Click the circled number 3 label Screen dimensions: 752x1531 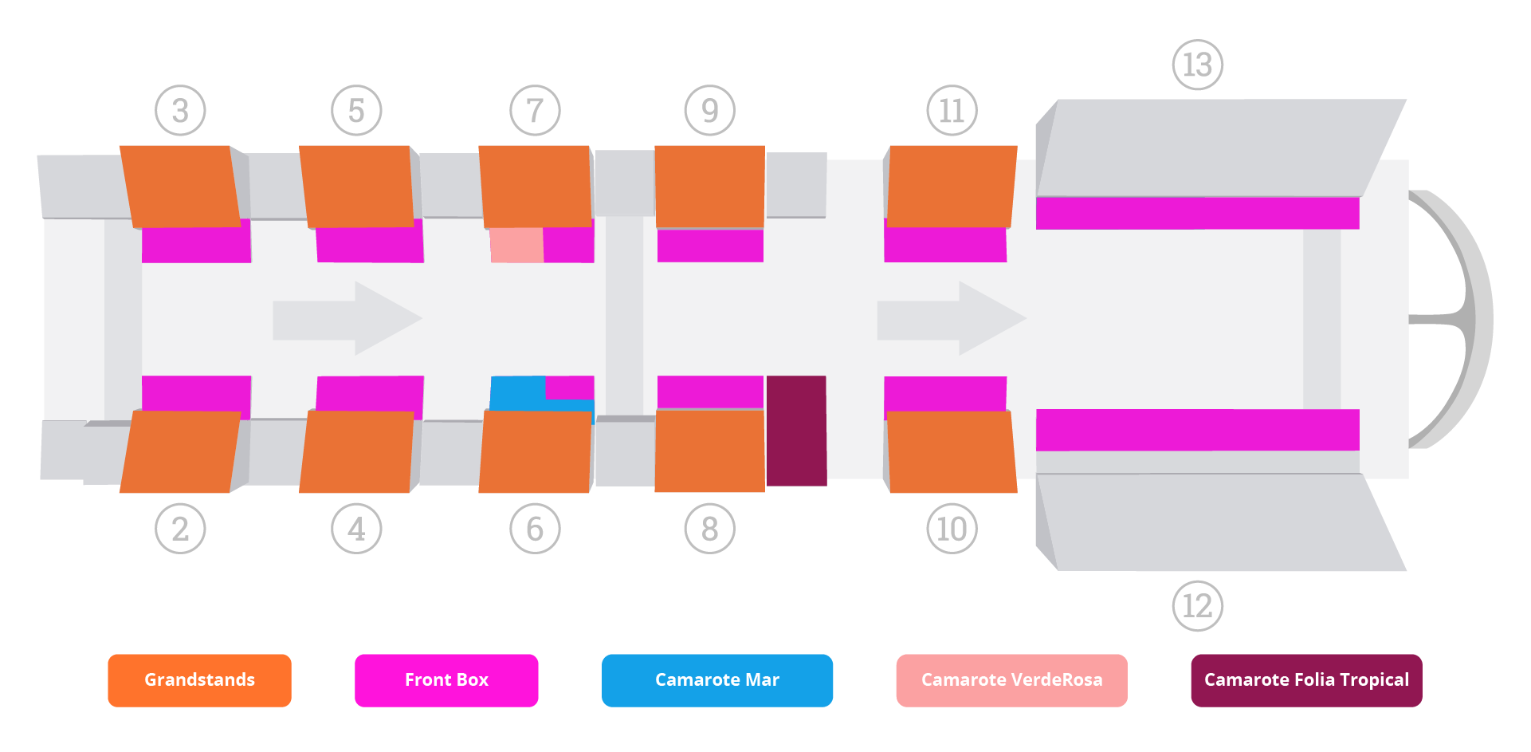coord(180,110)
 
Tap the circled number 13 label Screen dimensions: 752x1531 coord(1197,65)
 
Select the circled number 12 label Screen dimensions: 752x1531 coord(1197,606)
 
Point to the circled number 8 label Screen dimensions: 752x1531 coord(709,529)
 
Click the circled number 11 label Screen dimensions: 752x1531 coord(952,110)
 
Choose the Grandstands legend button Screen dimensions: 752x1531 coord(199,680)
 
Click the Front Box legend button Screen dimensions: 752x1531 coord(446,680)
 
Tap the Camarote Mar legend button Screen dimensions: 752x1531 coord(717,680)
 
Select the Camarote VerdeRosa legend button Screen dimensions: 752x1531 coord(1011,680)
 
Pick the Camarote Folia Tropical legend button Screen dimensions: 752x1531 coord(1306,680)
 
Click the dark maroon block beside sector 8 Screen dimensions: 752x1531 coord(796,431)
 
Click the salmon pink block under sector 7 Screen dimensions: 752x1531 coord(516,245)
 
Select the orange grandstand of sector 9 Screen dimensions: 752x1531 coord(709,186)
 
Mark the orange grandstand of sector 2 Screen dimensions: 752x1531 coord(180,451)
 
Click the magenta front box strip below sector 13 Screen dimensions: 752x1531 coord(1197,213)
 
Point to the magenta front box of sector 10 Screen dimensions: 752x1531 coord(945,393)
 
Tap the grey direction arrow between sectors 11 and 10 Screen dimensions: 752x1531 coord(952,318)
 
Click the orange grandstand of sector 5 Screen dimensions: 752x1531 coord(357,186)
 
